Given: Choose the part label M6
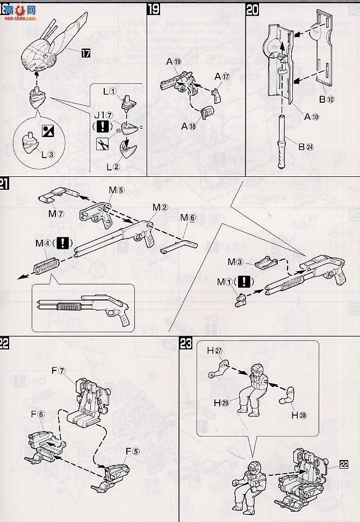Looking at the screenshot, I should (x=189, y=217).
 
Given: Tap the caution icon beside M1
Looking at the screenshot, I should (x=245, y=281).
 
